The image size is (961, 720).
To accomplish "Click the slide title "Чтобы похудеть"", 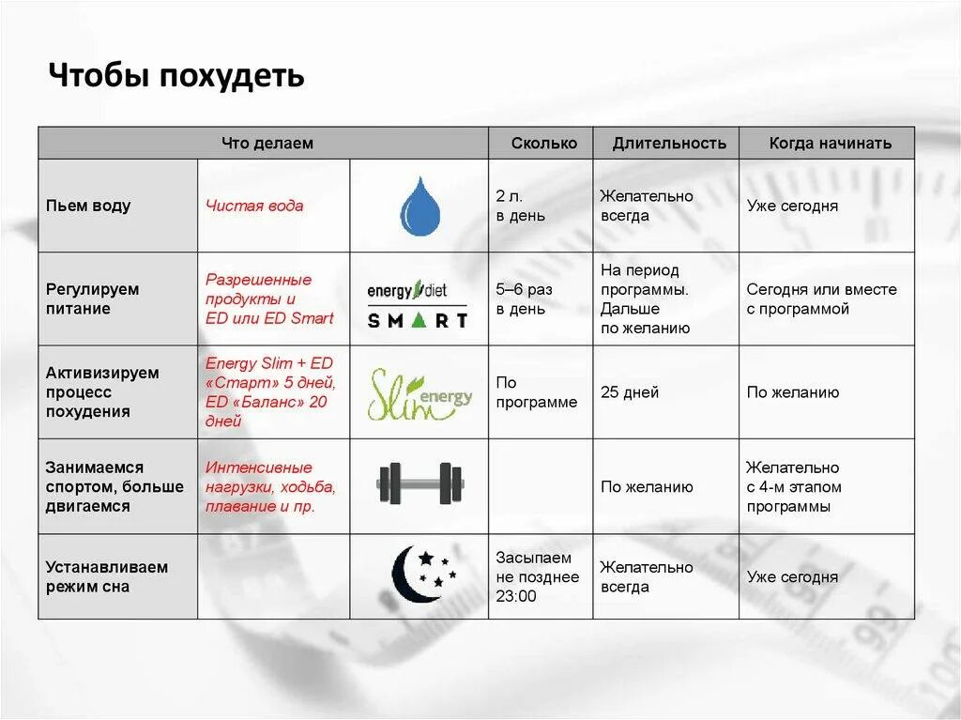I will click(x=176, y=75).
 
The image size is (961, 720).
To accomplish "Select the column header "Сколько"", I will click(x=544, y=144).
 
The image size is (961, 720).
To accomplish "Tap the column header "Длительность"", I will click(x=669, y=144).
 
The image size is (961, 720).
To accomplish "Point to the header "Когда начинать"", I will click(x=830, y=144).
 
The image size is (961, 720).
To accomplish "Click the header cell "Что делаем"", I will click(x=267, y=144).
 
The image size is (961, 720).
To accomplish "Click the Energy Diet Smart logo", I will click(x=418, y=300).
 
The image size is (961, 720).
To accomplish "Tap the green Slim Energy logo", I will click(x=419, y=392).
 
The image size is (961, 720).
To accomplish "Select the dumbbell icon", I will click(x=419, y=484).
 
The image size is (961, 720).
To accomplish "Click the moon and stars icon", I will click(x=423, y=574).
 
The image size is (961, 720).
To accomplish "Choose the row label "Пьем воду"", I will click(x=88, y=206).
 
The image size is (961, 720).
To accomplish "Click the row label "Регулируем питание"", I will click(x=92, y=299).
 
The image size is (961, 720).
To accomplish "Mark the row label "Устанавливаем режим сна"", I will click(x=106, y=576).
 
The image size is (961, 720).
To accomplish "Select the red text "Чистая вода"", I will click(x=254, y=206).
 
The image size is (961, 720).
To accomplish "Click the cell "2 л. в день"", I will click(x=520, y=206).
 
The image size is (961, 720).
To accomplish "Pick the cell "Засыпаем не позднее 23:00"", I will click(x=537, y=576).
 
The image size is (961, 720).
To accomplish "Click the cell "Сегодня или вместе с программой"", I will click(x=821, y=299).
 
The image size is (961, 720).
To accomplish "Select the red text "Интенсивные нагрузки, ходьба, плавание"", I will click(x=270, y=486).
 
